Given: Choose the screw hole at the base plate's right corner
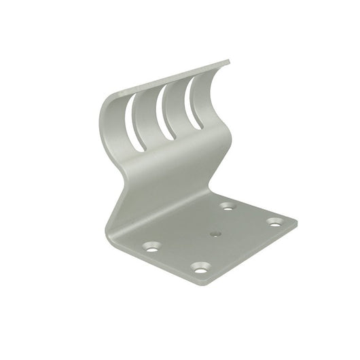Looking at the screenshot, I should pos(275,221).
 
